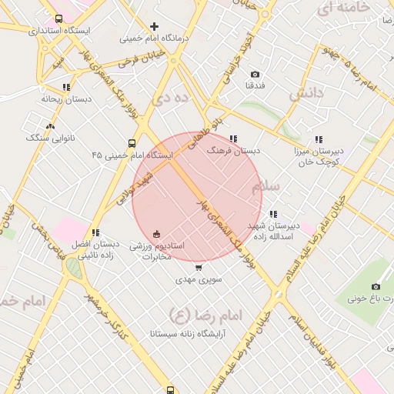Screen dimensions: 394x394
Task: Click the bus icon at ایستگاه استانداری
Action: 59,18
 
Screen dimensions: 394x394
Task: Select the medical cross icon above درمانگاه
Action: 155,26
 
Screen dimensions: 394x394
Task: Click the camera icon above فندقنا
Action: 255,74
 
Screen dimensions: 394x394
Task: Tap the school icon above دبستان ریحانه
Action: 66,87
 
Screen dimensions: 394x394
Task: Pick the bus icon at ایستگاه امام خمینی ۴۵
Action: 132,143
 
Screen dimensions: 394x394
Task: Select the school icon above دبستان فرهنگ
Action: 233,139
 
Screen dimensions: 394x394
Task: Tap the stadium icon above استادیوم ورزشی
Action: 157,233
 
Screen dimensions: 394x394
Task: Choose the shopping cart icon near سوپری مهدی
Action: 199,268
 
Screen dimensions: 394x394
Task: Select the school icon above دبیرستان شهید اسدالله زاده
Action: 273,214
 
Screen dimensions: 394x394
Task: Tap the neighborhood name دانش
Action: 305,95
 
